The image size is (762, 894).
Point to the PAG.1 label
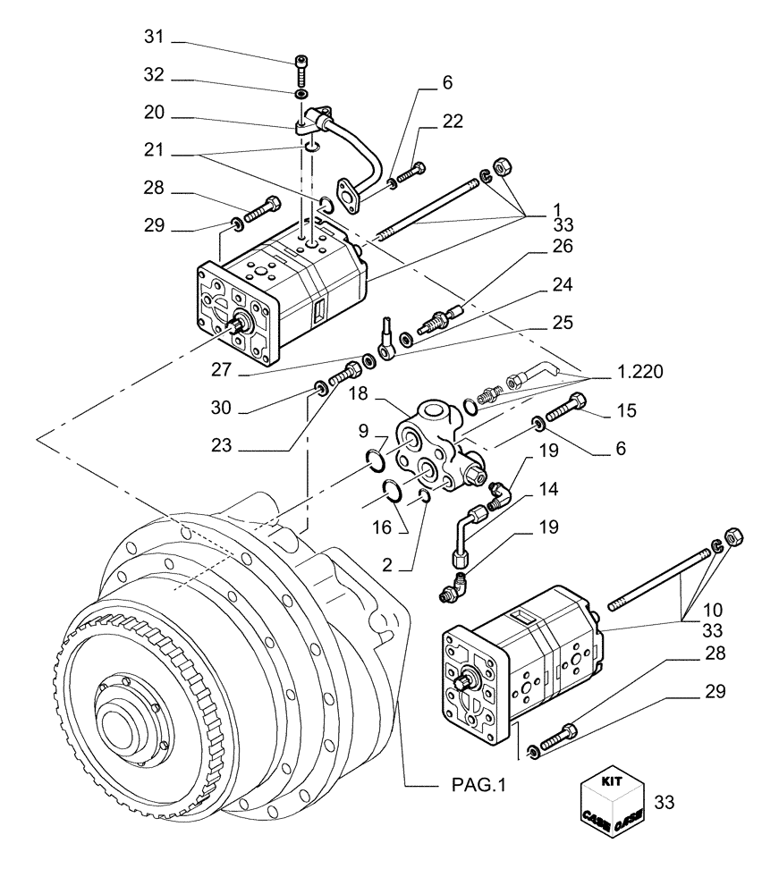click(478, 786)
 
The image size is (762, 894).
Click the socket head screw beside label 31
click(301, 68)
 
